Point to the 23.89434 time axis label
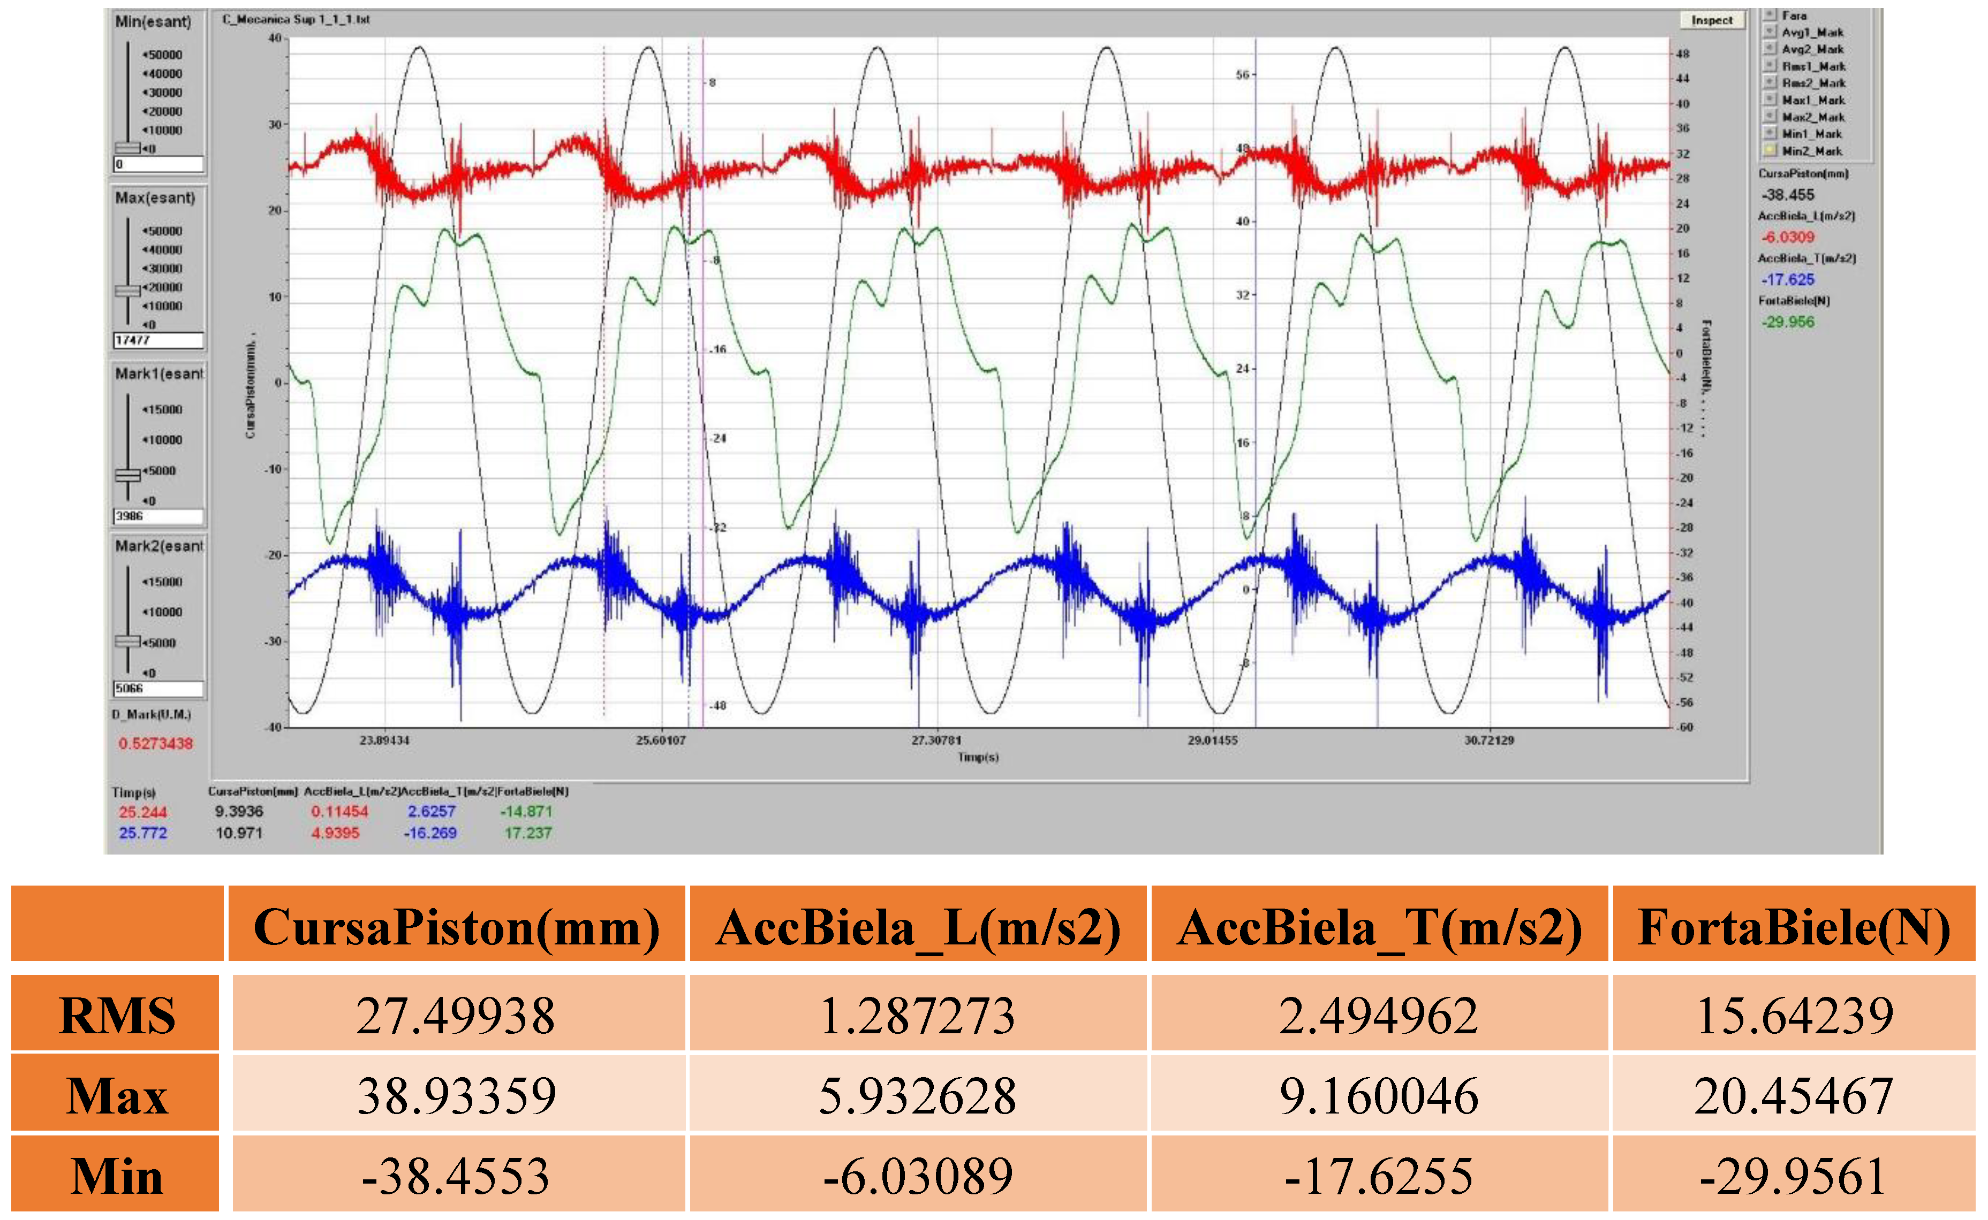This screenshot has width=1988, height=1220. [384, 740]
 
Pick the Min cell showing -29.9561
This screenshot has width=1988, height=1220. [1794, 1176]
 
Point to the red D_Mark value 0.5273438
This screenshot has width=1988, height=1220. [156, 743]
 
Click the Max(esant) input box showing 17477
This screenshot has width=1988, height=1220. [158, 340]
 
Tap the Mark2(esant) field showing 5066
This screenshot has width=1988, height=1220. [158, 688]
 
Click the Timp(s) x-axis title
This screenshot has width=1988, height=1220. [978, 757]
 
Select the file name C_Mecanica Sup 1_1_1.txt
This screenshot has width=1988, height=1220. [296, 19]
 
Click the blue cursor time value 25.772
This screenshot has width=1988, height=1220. [143, 833]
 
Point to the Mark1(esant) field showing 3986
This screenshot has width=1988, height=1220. [158, 516]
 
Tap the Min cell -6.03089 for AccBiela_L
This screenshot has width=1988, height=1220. [918, 1176]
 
